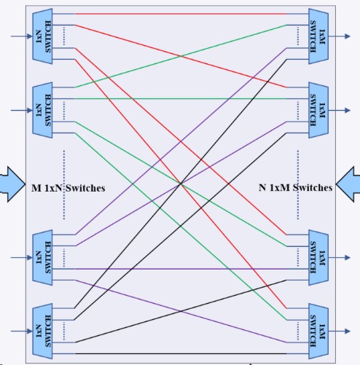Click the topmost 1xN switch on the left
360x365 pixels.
pos(42,36)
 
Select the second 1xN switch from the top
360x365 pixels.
pos(42,110)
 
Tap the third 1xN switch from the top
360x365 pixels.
pos(42,257)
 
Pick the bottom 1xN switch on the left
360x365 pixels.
pos(42,331)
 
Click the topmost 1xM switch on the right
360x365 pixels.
pos(318,36)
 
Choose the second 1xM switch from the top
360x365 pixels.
pos(318,110)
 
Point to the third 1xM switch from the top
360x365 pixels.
pos(318,257)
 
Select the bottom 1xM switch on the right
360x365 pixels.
pos(318,331)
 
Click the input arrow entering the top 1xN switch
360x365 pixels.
pos(22,36)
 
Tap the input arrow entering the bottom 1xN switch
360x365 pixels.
pos(22,331)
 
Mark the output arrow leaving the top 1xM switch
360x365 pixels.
pos(340,36)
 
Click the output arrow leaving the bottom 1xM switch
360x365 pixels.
pos(340,331)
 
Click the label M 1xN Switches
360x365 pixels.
pos(69,188)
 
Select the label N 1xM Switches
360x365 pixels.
pos(295,188)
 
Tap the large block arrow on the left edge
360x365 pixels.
pos(12,184)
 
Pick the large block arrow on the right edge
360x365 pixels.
pos(348,184)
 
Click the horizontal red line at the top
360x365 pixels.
pos(181,14)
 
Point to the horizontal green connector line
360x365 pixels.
pos(181,99)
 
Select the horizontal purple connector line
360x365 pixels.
pos(181,269)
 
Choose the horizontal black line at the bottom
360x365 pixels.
pos(181,353)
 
